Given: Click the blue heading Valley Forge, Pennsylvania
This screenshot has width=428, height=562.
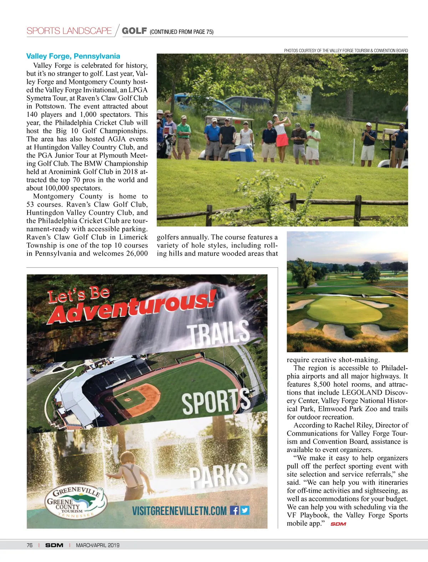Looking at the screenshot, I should coord(73,56).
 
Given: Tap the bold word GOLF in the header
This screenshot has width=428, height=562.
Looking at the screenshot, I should coord(134,31).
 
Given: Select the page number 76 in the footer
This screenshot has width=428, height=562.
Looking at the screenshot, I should coord(29,545).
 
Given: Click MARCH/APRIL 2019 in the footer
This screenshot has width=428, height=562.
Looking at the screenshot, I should coord(98,545).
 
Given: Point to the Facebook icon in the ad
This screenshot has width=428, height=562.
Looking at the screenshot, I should coord(234,510).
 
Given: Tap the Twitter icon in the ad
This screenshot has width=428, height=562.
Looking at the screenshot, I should coord(245,510).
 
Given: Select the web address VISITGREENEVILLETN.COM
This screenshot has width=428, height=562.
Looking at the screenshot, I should coord(179,511).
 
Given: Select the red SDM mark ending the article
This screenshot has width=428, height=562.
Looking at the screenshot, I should coord(338,524).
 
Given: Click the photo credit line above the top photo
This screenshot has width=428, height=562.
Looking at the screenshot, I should coord(346,51).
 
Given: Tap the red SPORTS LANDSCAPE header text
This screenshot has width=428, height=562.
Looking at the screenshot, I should coord(69,31).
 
